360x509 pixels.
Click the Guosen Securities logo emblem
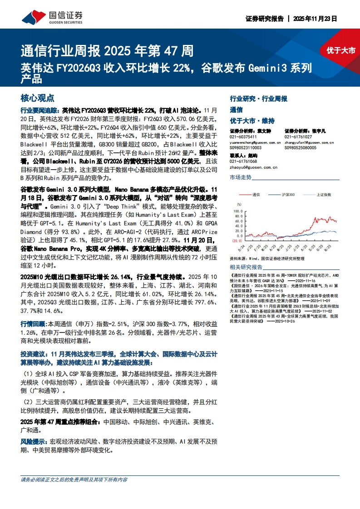point(34,18)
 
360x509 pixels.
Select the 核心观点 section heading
point(38,98)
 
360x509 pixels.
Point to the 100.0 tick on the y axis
point(237,210)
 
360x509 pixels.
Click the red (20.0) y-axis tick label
point(237,241)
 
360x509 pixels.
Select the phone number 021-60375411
point(243,137)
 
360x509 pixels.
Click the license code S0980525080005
point(300,147)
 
